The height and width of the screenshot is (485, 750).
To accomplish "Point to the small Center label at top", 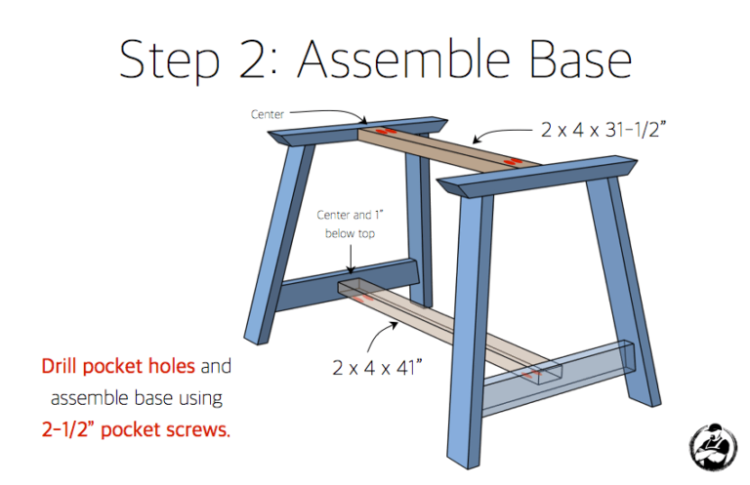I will (268, 114).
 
